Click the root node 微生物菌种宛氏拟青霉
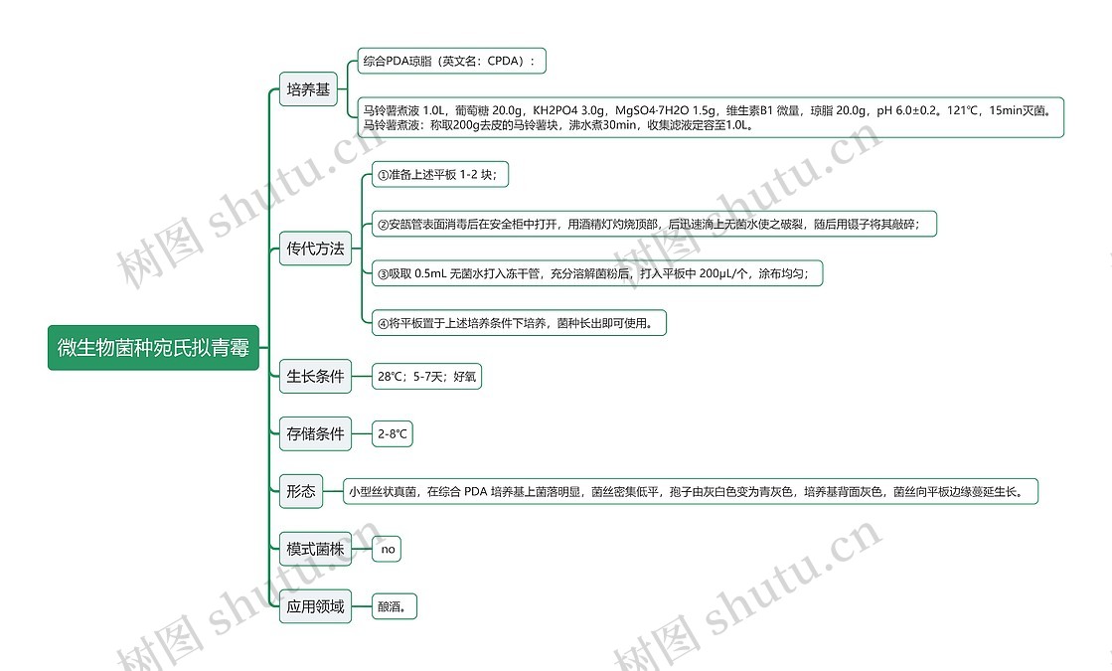153,348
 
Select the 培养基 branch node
308,90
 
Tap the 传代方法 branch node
315,249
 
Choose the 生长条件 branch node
315,377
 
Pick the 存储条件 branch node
315,434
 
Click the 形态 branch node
301,491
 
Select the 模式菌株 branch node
315,549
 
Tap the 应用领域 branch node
315,605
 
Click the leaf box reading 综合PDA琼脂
451,62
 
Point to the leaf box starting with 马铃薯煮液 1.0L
711,117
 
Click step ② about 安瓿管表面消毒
654,225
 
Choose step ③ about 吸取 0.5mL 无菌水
596,273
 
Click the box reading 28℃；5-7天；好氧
425,377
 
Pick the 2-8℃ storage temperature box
393,434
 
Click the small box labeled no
388,549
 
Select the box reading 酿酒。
396,605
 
